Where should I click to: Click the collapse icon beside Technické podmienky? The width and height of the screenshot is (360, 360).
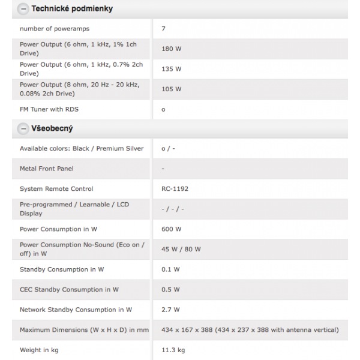(x=23, y=9)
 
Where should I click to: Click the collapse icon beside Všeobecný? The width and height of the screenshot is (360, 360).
(x=23, y=128)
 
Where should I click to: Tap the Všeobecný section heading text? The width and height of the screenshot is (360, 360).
(x=55, y=128)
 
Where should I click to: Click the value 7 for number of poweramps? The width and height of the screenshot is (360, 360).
(x=164, y=28)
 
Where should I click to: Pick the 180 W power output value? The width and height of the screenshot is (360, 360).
(x=171, y=49)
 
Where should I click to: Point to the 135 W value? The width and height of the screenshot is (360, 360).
(x=171, y=69)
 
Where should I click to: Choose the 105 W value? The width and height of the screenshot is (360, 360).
(x=171, y=89)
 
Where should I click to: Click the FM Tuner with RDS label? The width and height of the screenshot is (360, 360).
(x=49, y=109)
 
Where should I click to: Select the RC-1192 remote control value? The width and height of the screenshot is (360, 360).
(x=175, y=188)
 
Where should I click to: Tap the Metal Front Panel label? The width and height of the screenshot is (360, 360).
(x=47, y=169)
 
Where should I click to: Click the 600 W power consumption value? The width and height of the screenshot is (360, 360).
(x=171, y=229)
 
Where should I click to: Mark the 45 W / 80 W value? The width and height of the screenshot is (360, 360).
(x=181, y=249)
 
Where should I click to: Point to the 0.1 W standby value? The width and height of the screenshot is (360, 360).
(x=170, y=269)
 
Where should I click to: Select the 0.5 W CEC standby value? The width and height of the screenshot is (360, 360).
(x=170, y=290)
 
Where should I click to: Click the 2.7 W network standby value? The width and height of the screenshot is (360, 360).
(x=170, y=310)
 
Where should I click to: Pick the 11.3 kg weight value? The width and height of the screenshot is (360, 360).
(x=174, y=350)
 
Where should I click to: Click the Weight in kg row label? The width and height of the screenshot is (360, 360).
(x=39, y=350)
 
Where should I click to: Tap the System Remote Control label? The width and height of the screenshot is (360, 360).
(x=56, y=188)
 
